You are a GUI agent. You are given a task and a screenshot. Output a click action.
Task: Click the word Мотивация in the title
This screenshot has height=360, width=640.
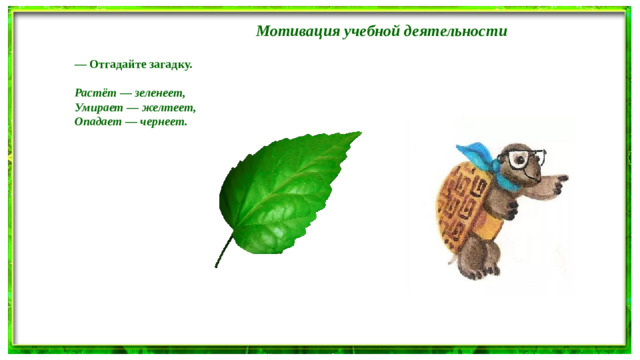coord(293,31)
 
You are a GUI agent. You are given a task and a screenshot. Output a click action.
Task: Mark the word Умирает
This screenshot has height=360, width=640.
coord(98,107)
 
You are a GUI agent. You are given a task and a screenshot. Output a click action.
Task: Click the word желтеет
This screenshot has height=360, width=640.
coord(167,107)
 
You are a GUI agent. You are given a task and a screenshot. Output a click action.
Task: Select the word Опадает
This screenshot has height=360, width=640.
coord(98,121)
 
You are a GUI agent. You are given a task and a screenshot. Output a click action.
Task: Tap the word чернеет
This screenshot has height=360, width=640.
coord(163,121)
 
